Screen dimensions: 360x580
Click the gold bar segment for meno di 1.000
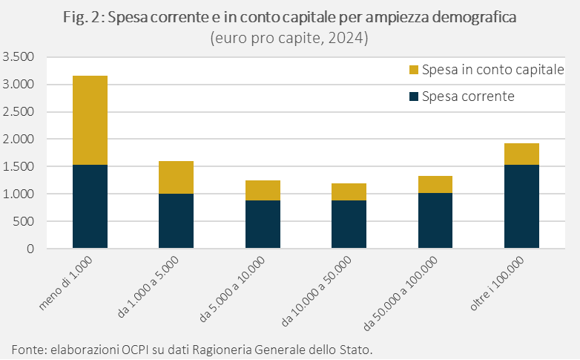(90, 120)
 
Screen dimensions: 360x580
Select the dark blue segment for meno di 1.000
(90, 206)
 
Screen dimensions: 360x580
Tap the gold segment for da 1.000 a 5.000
(176, 177)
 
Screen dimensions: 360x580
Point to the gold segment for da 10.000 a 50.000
(349, 192)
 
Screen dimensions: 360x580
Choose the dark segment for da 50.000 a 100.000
(435, 220)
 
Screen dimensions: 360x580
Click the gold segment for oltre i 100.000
(521, 154)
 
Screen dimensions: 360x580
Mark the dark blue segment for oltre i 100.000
(521, 206)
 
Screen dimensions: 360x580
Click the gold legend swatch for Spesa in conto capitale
(414, 71)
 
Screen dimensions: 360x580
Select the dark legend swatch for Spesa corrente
(414, 96)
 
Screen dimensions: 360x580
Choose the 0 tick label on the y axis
(31, 249)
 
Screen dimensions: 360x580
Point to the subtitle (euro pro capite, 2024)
(289, 37)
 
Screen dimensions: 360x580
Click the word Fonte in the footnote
(27, 349)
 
